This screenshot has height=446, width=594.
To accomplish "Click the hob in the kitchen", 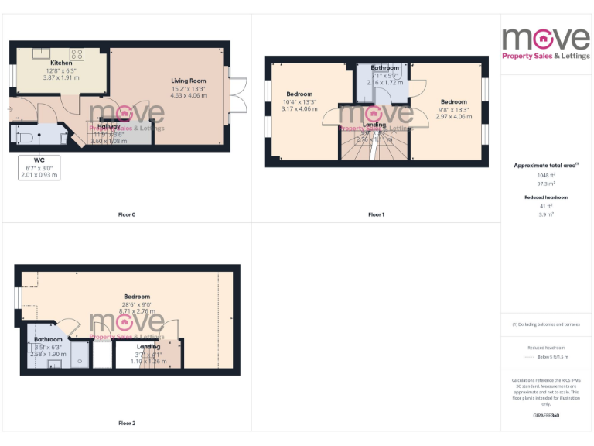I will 77,53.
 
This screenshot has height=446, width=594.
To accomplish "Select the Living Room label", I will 188,81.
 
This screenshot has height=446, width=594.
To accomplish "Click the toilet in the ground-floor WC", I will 25,137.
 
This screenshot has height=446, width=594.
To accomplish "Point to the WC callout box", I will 39,166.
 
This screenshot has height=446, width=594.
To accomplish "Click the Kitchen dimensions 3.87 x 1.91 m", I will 61,77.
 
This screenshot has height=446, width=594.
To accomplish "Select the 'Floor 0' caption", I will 125,214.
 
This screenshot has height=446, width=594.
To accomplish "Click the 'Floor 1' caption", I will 376,214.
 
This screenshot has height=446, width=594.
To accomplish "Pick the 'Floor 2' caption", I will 127,424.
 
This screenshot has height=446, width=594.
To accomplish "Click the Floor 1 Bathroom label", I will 384,68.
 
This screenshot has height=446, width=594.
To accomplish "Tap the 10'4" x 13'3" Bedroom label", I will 300,101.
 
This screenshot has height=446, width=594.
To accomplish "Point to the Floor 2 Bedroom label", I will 137,296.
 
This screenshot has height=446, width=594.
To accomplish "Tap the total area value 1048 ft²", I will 546,175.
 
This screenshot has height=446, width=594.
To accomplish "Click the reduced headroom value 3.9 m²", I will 546,214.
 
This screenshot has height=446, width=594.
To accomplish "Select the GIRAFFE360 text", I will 546,417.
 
